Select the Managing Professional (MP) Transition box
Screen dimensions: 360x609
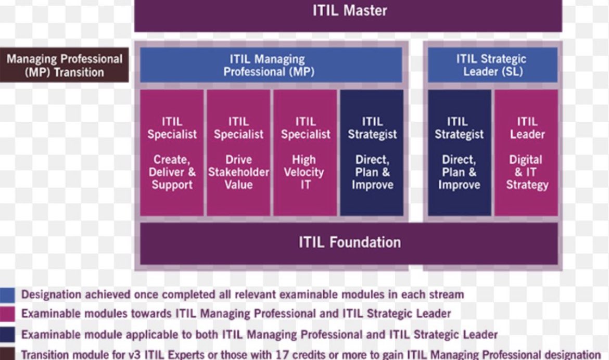(x=64, y=66)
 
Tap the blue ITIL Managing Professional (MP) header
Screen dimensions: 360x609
(x=271, y=66)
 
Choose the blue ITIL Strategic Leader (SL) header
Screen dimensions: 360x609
(x=492, y=66)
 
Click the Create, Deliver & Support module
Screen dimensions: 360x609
(x=172, y=152)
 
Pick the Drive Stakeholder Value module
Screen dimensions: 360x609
(x=238, y=152)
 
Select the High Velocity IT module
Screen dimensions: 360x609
(x=305, y=152)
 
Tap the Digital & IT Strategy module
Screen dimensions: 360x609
(x=526, y=152)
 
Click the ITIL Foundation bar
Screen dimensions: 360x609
(x=349, y=242)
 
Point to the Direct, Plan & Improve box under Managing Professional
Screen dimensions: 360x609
(x=372, y=152)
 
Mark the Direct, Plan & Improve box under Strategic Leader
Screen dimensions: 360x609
(x=459, y=152)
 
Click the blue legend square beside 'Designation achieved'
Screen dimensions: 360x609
(x=7, y=294)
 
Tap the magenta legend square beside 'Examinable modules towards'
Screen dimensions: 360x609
(x=7, y=314)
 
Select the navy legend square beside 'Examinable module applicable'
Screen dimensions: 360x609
(x=7, y=334)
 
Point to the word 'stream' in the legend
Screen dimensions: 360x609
(x=443, y=295)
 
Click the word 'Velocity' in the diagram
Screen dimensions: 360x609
(x=305, y=172)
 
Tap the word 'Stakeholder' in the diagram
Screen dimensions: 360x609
(x=238, y=172)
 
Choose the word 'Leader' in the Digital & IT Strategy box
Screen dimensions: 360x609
(x=526, y=134)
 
